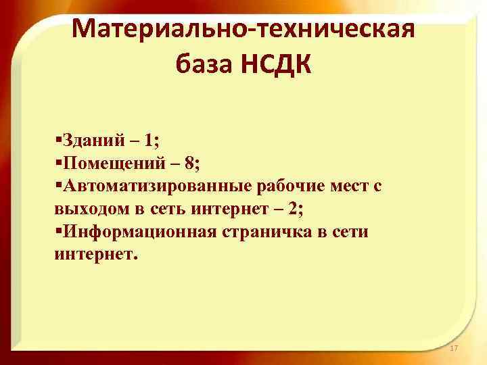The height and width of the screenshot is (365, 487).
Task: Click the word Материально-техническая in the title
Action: [x=242, y=30]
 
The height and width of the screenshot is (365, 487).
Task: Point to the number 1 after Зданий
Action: [x=148, y=142]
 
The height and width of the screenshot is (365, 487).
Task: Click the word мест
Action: [x=345, y=186]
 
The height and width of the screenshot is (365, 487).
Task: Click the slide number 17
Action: [x=453, y=348]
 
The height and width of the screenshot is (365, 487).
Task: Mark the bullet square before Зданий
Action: [x=59, y=140]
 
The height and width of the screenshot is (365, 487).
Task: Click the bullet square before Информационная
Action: [x=59, y=230]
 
